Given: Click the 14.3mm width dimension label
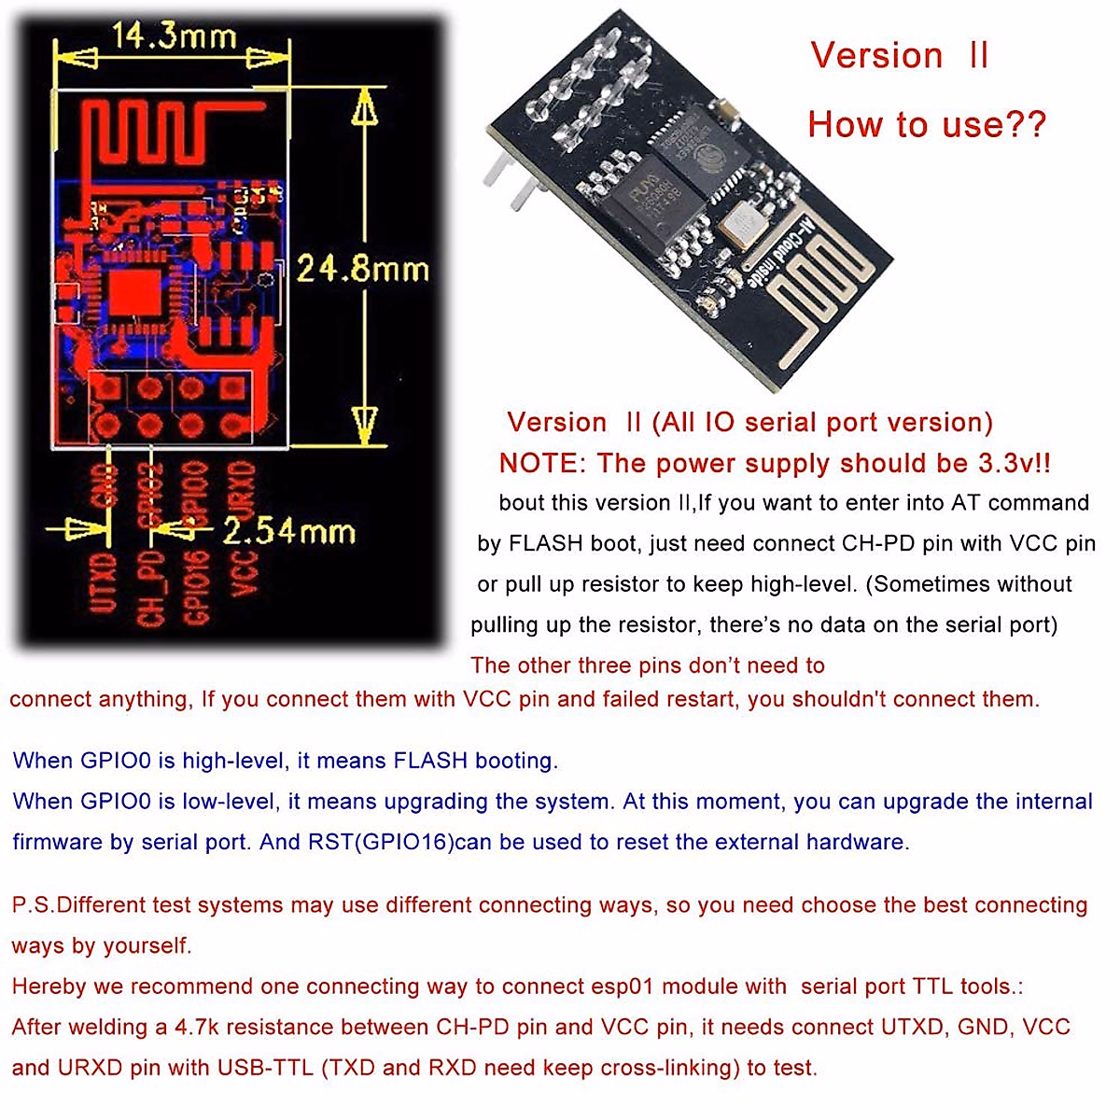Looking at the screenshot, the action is (175, 37).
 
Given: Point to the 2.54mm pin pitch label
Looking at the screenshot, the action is (289, 532).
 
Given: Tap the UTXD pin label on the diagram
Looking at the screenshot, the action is (103, 584).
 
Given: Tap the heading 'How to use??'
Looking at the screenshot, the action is (926, 124).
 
